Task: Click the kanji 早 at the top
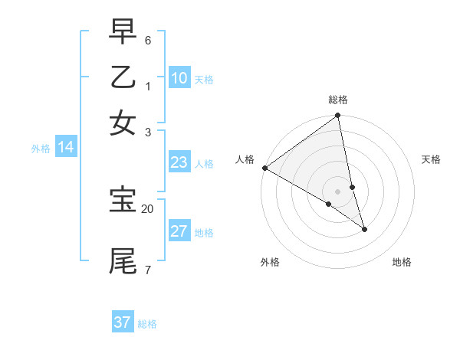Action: tap(123, 33)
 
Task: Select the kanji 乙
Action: tap(123, 78)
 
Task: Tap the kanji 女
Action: tap(123, 123)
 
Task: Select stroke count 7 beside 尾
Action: tap(148, 270)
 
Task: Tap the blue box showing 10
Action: tap(179, 77)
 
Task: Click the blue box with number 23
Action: tap(179, 162)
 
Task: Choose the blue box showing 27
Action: tap(179, 231)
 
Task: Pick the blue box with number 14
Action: tap(65, 147)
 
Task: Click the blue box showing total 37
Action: tap(123, 322)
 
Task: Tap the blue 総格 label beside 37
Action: tap(147, 324)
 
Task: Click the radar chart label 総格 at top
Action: tap(338, 100)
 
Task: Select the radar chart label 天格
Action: tap(431, 159)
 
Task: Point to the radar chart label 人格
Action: tap(245, 159)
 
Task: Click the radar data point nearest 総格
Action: tap(337, 116)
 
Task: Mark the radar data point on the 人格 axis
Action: tap(264, 168)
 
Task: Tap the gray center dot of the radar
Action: tap(337, 191)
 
